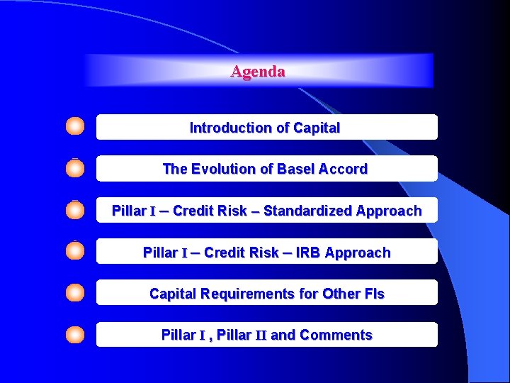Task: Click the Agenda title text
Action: point(258,72)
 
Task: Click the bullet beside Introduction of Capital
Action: point(75,127)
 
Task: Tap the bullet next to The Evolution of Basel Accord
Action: point(75,168)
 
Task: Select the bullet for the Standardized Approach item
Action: point(75,210)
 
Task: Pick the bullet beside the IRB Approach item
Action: point(75,251)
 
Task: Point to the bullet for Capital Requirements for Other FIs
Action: point(75,292)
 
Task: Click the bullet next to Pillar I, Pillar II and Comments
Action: point(75,334)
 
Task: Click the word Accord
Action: point(344,170)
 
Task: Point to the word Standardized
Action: point(308,211)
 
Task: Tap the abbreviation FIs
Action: point(373,294)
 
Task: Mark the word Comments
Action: point(336,335)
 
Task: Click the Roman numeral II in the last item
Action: point(260,335)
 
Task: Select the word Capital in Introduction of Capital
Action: point(314,128)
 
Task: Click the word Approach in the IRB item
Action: point(358,252)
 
